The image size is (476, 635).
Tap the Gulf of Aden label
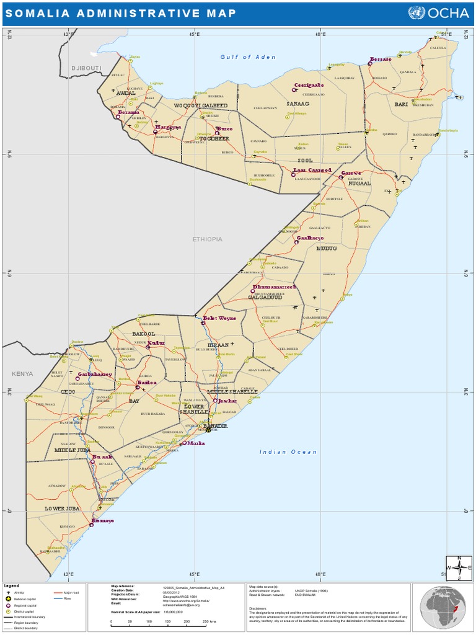coord(248,57)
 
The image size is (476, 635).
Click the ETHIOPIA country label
coord(207,239)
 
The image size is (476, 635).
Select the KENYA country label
coord(22,374)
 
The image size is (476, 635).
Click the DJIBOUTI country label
coord(86,68)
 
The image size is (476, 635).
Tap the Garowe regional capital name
coord(351,173)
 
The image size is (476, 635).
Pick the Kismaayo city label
coord(103,521)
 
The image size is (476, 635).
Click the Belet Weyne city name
coord(219,318)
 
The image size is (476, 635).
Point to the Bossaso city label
coord(380,60)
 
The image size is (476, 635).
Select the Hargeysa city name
coord(168,127)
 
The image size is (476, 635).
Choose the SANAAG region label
coord(297,104)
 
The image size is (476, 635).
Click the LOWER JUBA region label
coord(63,508)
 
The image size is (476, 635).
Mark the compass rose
coord(459,567)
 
